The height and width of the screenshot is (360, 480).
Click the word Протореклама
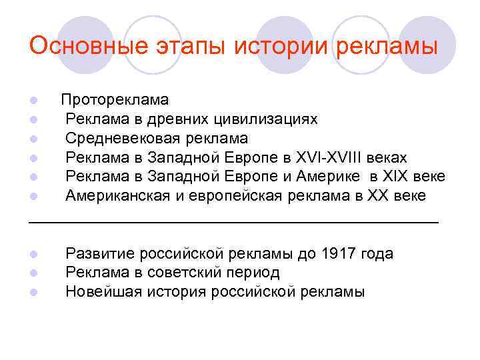click(x=115, y=100)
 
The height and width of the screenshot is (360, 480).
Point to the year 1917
click(x=339, y=254)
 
